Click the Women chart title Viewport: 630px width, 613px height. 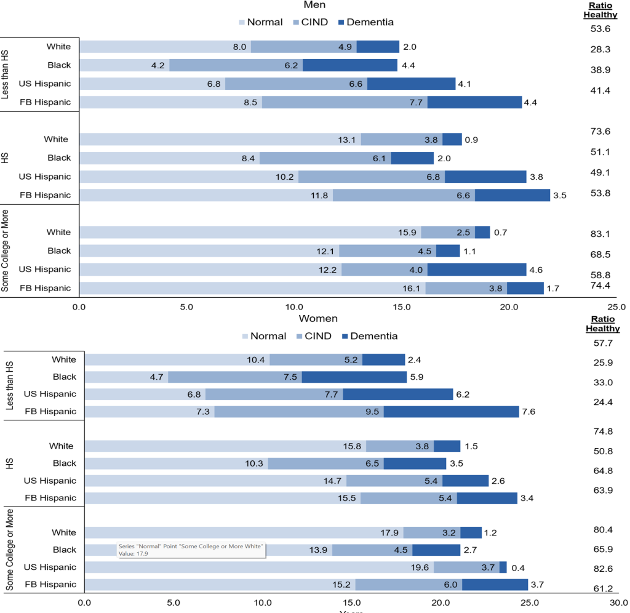(318, 319)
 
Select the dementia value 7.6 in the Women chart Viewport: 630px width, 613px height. (528, 411)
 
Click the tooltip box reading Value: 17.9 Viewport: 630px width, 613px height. (191, 550)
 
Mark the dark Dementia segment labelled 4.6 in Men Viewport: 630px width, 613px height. (477, 269)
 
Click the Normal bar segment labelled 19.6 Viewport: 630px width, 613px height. (258, 567)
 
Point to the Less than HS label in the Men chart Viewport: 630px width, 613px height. (6, 74)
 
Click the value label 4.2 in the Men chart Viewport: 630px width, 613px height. (156, 65)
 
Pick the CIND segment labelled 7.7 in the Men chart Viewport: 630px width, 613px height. (345, 102)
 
